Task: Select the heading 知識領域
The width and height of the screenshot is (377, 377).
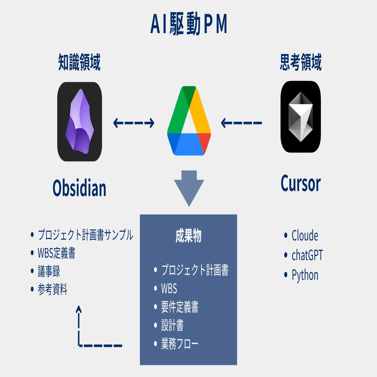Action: point(79,63)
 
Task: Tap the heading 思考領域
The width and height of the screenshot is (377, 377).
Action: point(300,63)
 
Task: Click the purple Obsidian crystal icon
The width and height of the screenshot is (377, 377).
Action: point(79,121)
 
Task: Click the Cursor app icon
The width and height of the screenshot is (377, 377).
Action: point(300,117)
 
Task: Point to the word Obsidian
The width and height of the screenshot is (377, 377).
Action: point(79,188)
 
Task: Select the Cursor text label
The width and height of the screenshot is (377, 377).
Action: point(300,183)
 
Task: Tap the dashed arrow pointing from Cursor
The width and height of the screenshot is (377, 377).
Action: point(241,123)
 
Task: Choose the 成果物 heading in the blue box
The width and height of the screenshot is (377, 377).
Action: point(188,236)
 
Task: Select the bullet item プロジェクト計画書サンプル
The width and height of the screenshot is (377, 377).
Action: point(85,235)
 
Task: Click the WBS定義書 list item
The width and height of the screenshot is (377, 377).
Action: point(56,253)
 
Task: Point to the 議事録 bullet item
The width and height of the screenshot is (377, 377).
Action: point(49,271)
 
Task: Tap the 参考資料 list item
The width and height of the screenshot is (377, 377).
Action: point(52,289)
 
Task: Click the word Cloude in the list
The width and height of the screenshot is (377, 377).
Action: point(305,235)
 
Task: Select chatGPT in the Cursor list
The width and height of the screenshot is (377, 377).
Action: point(307,255)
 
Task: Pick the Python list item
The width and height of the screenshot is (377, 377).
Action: point(305,275)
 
